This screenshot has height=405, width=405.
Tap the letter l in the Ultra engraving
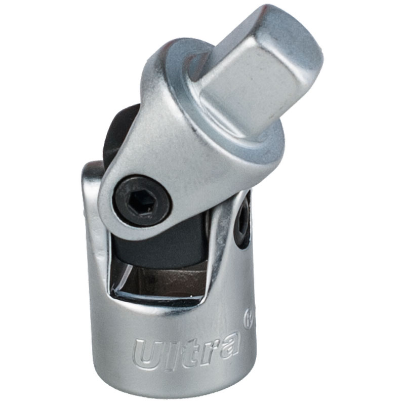click(171, 352)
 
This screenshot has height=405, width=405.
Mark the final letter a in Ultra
click(228, 345)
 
